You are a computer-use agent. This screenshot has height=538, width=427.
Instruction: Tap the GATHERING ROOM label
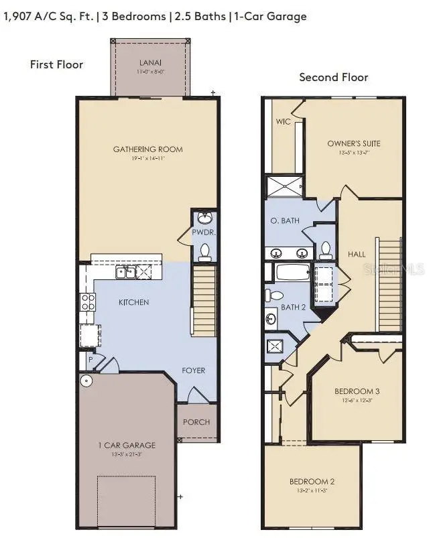click(148, 149)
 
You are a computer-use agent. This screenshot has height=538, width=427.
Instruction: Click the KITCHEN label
click(134, 302)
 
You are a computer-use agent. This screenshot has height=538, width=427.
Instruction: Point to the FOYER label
click(194, 371)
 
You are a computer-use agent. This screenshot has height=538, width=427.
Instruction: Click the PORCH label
click(196, 422)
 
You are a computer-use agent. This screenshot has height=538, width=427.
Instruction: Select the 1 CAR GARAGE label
click(127, 445)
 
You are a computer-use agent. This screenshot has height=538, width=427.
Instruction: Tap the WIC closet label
click(282, 123)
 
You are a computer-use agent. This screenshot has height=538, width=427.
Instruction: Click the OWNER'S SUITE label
click(354, 143)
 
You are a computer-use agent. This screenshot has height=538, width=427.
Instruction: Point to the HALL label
click(357, 254)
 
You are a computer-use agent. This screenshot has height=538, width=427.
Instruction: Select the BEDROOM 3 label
click(357, 391)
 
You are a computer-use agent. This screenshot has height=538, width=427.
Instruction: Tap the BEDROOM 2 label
click(312, 481)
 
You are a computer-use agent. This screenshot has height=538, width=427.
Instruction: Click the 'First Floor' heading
click(56, 64)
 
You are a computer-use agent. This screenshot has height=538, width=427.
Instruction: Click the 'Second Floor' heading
click(333, 78)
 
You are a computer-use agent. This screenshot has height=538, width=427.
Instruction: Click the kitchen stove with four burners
click(88, 302)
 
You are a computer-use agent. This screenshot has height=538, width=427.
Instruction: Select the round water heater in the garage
click(85, 381)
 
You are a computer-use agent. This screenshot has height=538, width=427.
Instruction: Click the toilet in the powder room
click(205, 251)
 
